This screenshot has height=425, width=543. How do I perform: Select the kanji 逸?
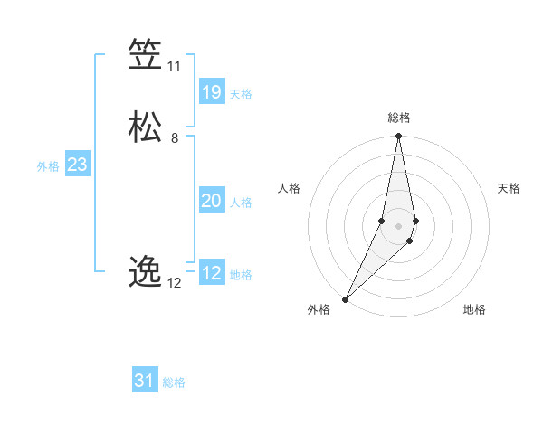click(145, 271)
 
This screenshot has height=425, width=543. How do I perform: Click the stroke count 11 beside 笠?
click(174, 66)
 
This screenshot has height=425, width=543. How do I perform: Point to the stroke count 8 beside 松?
click(174, 138)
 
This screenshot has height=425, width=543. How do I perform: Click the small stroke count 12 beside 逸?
click(175, 282)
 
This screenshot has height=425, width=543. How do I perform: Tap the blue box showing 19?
click(211, 92)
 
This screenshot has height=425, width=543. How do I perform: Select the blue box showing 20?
click(211, 201)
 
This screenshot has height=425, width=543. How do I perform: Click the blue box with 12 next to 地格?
click(211, 273)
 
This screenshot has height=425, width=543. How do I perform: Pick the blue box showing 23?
click(77, 165)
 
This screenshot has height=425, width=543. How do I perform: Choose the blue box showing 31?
click(145, 381)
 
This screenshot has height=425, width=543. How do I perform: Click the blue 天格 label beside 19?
click(241, 94)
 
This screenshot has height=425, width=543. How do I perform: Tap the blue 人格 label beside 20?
click(241, 203)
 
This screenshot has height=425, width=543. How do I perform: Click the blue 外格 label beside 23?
click(48, 166)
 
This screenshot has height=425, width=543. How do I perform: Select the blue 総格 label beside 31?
click(174, 382)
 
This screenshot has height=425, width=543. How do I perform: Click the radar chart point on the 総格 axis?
click(398, 137)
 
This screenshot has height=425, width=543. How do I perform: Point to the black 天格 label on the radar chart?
click(509, 188)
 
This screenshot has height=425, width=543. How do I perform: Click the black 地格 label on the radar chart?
click(474, 310)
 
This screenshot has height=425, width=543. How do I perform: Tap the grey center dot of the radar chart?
click(398, 226)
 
